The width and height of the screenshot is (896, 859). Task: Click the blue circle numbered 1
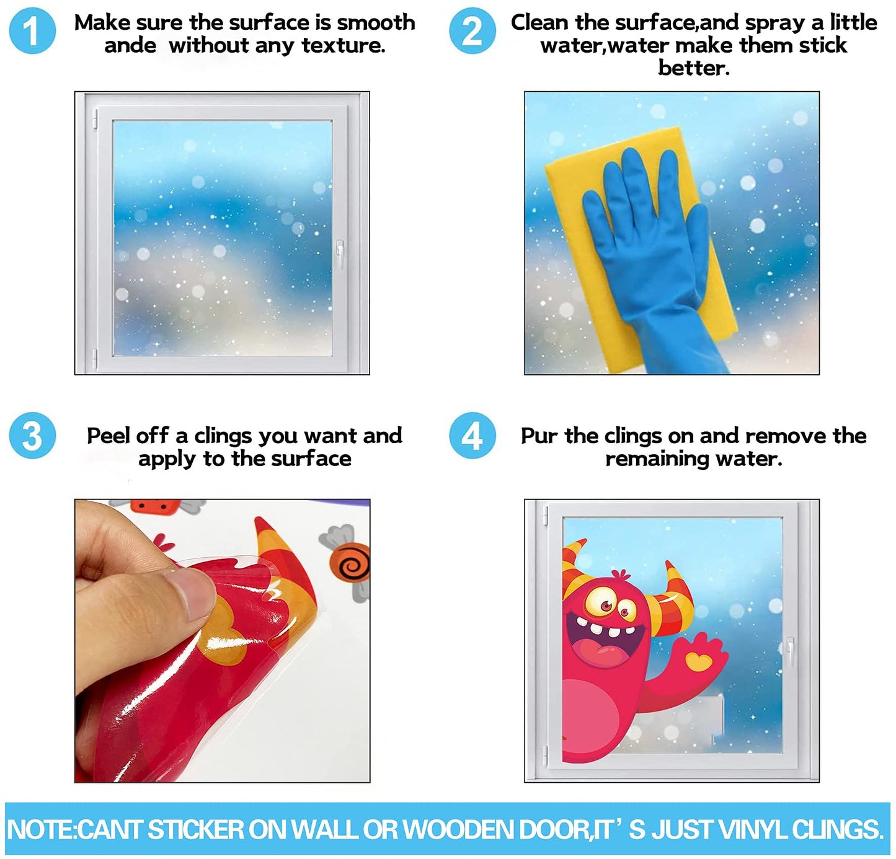pyautogui.click(x=32, y=31)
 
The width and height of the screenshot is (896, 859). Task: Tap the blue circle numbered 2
pyautogui.click(x=472, y=31)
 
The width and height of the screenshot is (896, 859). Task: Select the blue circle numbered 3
pyautogui.click(x=32, y=435)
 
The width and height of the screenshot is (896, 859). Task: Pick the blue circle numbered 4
pyautogui.click(x=472, y=435)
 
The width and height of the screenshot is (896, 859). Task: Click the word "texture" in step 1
pyautogui.click(x=343, y=45)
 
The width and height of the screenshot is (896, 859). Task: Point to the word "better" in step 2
pyautogui.click(x=693, y=69)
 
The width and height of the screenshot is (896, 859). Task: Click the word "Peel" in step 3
pyautogui.click(x=107, y=435)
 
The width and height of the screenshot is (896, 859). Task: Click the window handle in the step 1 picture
pyautogui.click(x=340, y=253)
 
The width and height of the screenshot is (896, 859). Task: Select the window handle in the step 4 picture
pyautogui.click(x=789, y=651)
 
